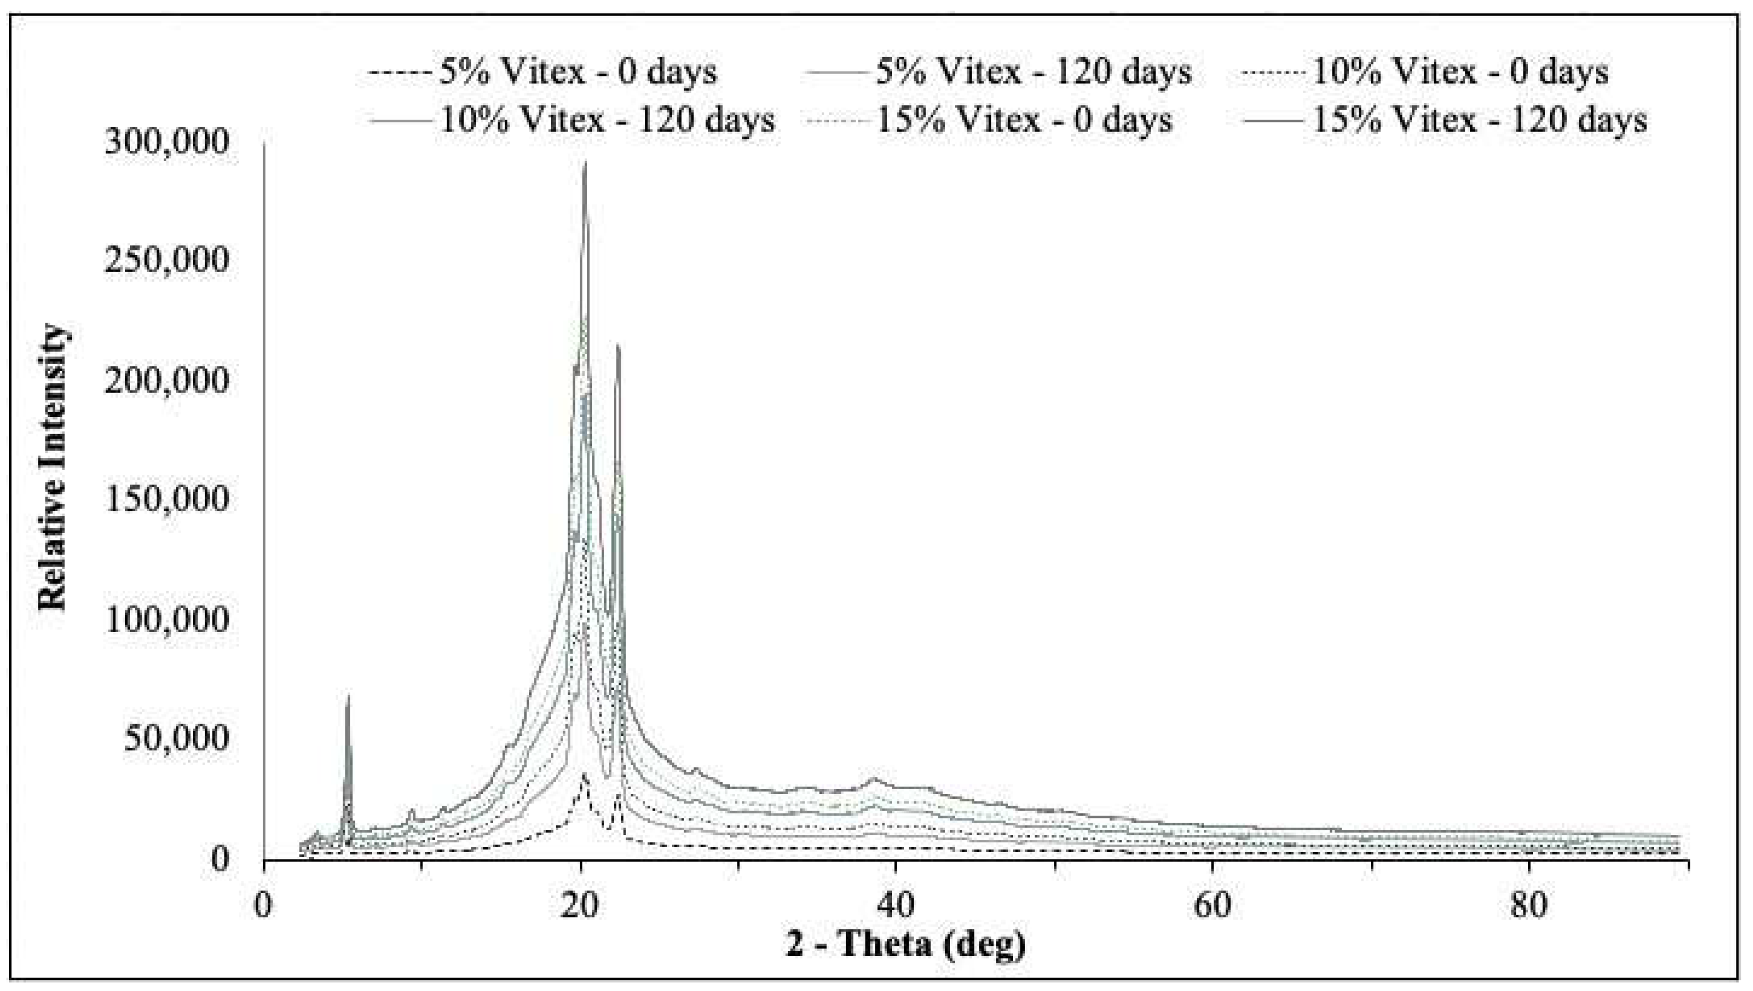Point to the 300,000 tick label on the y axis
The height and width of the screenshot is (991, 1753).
click(x=166, y=143)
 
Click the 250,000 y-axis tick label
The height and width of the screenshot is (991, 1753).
click(x=166, y=261)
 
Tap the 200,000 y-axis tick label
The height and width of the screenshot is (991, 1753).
click(x=166, y=380)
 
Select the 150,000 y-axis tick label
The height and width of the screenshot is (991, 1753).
click(x=166, y=499)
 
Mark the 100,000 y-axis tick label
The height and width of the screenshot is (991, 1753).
click(x=166, y=619)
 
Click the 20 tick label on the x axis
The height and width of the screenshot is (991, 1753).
click(x=580, y=906)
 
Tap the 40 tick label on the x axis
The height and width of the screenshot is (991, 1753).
click(x=896, y=906)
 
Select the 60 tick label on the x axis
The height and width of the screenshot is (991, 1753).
click(x=1212, y=906)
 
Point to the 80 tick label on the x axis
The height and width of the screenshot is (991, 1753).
click(x=1528, y=906)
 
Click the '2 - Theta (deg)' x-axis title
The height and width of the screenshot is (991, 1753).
click(x=906, y=945)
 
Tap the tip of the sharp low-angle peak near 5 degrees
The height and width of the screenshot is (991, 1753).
click(x=347, y=695)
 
